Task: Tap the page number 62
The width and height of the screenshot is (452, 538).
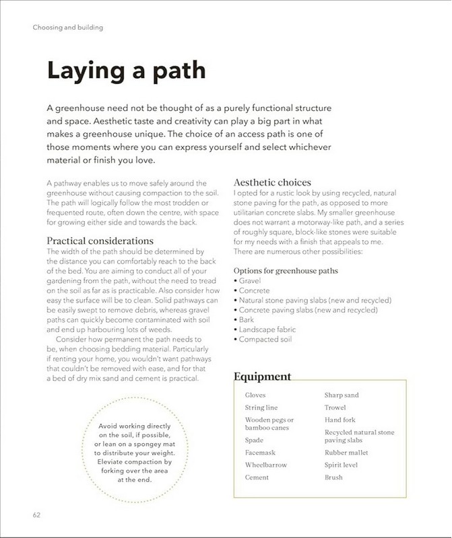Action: pyautogui.click(x=37, y=515)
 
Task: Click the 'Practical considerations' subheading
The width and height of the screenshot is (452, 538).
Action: pyautogui.click(x=100, y=241)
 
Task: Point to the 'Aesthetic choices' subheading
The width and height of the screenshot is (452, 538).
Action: pyautogui.click(x=272, y=182)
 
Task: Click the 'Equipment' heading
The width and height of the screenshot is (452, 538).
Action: pyautogui.click(x=262, y=377)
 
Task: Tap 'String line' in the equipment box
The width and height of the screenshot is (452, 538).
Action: pyautogui.click(x=261, y=408)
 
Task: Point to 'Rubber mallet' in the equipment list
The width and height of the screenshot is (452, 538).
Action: pyautogui.click(x=346, y=453)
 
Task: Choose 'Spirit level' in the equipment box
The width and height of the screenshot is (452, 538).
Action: pyautogui.click(x=342, y=465)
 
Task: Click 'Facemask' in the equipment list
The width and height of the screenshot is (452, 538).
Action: pyautogui.click(x=260, y=453)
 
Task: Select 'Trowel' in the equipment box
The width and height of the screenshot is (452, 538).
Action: pyautogui.click(x=335, y=408)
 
